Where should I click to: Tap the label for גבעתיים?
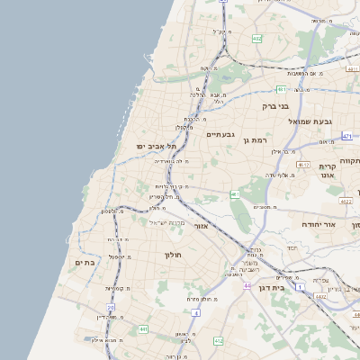(x=220, y=134)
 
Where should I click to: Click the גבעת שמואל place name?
(x=311, y=121)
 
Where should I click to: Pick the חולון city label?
(x=173, y=256)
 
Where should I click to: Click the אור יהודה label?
(x=317, y=223)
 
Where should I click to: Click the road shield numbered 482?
(x=257, y=39)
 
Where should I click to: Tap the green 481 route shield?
(x=282, y=89)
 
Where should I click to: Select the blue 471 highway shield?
(x=347, y=136)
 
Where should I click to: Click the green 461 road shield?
(x=235, y=193)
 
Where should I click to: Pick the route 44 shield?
(x=247, y=285)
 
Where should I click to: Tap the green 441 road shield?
(x=143, y=329)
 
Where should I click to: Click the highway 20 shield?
(x=111, y=308)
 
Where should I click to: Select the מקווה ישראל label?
(x=165, y=222)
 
